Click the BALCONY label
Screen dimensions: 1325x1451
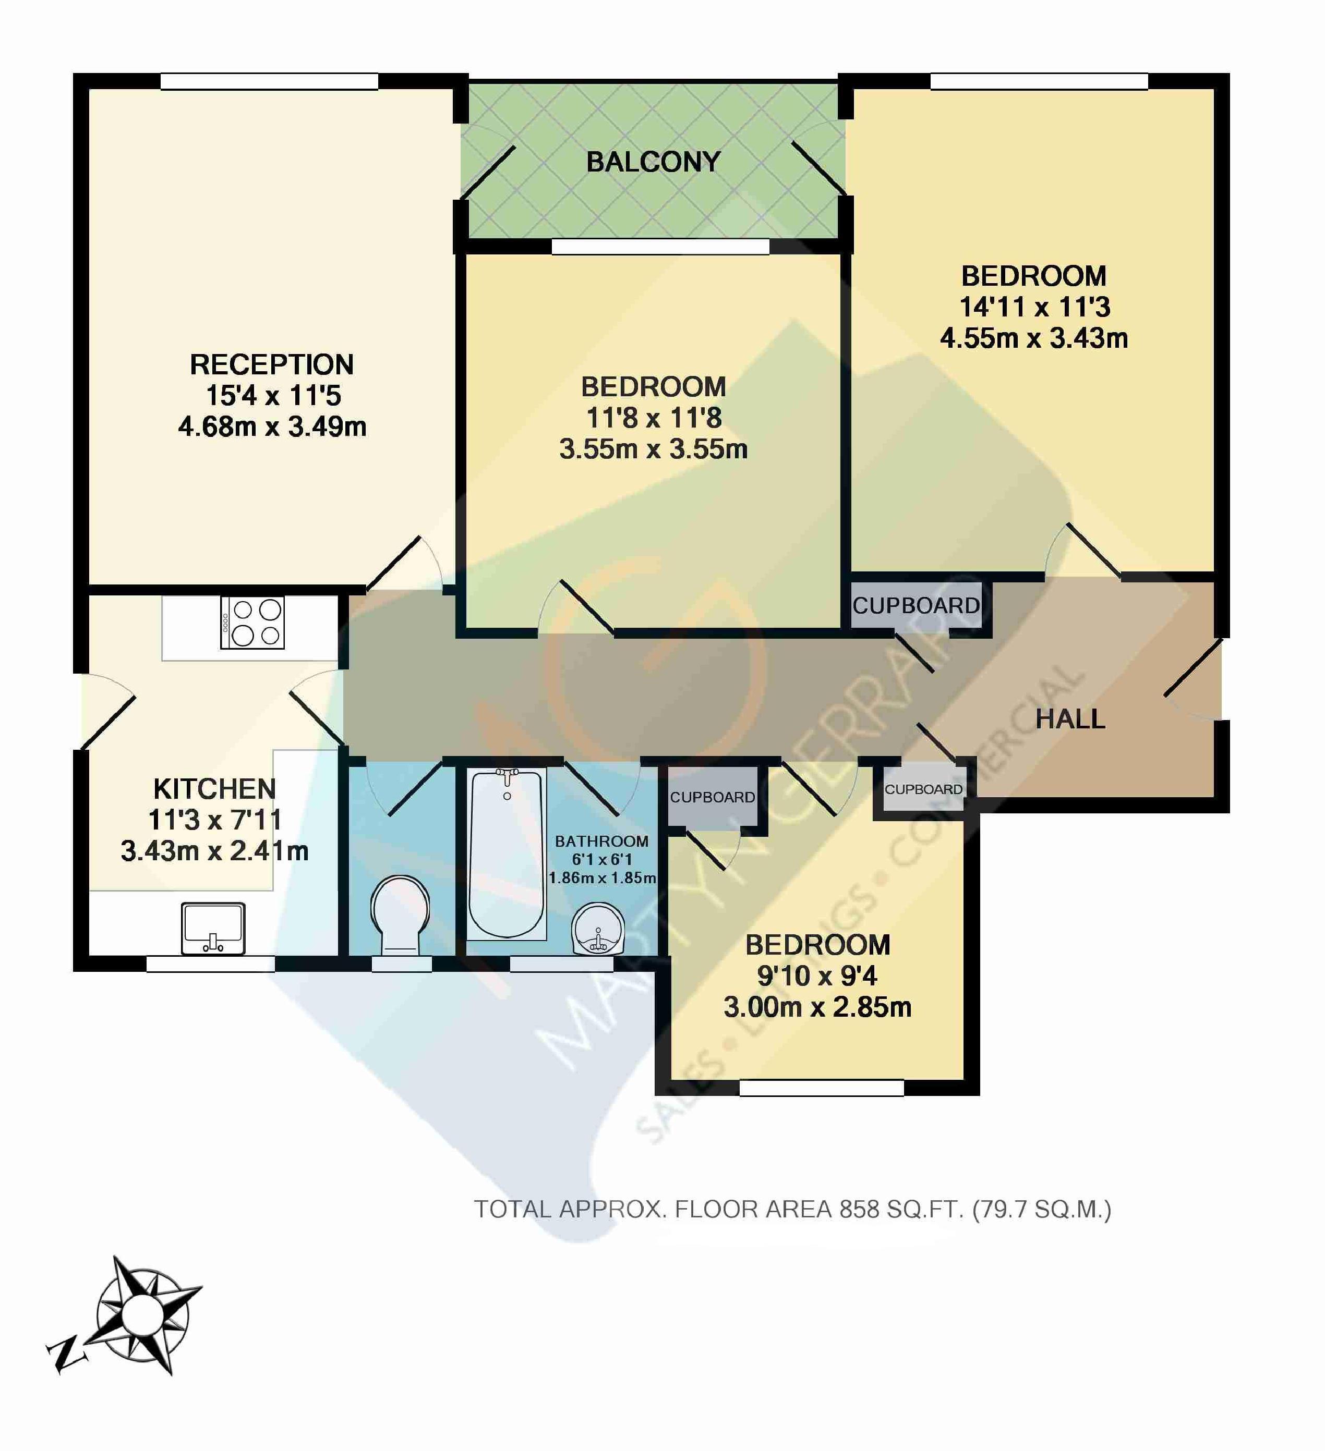point(653,162)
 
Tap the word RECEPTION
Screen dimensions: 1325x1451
point(271,365)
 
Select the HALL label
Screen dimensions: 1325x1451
point(1070,719)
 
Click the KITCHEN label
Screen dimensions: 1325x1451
point(214,789)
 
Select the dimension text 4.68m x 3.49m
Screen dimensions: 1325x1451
point(272,427)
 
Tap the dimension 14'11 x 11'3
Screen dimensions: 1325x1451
point(1035,307)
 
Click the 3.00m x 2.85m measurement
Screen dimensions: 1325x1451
point(817,1007)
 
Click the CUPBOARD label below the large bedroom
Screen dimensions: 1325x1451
point(916,606)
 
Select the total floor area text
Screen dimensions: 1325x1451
point(792,1209)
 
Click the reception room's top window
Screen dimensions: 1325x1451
point(269,81)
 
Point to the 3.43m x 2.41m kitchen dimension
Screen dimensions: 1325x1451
point(214,851)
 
